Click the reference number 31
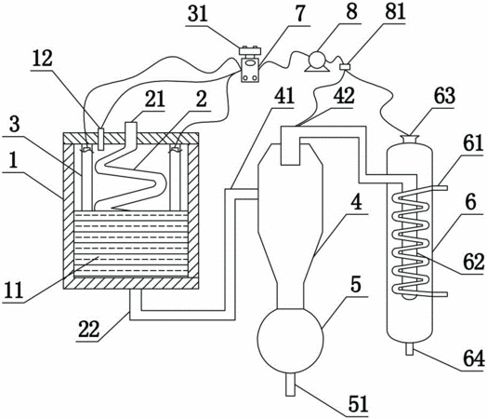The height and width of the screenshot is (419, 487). pyautogui.click(x=198, y=14)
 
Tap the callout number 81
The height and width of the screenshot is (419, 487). pyautogui.click(x=395, y=13)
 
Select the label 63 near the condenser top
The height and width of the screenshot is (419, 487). pyautogui.click(x=444, y=96)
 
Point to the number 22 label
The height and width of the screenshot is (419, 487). pyautogui.click(x=88, y=330)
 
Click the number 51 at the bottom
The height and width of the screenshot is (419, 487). pyautogui.click(x=358, y=404)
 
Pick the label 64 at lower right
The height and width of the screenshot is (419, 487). pyautogui.click(x=474, y=358)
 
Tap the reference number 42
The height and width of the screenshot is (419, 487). pyautogui.click(x=344, y=97)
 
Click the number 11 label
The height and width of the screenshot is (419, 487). pyautogui.click(x=12, y=291)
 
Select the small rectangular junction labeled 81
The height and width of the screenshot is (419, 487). pyautogui.click(x=345, y=66)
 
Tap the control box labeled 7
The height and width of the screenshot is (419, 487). pyautogui.click(x=250, y=71)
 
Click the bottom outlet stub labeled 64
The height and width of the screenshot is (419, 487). pyautogui.click(x=410, y=348)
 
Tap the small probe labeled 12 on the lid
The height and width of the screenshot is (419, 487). pyautogui.click(x=100, y=139)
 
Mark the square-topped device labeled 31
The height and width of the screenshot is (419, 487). pyautogui.click(x=250, y=51)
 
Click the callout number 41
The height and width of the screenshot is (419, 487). pyautogui.click(x=283, y=96)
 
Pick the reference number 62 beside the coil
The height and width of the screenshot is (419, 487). pyautogui.click(x=474, y=262)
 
